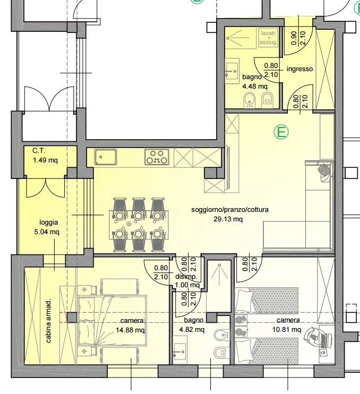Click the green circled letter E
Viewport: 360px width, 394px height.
281,132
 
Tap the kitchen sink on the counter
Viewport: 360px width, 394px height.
106,157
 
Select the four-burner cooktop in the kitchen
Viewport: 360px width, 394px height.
157,157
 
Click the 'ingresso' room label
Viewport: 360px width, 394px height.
299,69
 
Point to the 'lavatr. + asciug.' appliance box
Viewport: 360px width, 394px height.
269,38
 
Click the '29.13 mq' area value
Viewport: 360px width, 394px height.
228,219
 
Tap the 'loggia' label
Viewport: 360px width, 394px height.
49,222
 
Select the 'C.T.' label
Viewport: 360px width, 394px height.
39,151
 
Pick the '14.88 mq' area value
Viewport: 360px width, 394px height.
130,330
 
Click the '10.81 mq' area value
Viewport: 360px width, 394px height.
287,329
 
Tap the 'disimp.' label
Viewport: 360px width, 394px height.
186,277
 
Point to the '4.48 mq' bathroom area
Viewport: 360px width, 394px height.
255,87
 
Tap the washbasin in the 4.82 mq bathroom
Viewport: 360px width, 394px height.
180,350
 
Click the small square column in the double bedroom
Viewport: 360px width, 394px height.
72,318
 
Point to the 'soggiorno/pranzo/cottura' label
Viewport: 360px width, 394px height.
230,210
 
